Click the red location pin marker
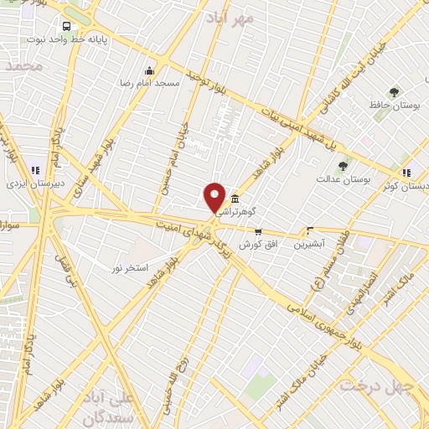pos(214,197)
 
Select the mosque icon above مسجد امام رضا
pos(150,71)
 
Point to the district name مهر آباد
pos(256,17)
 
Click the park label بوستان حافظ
pos(393,106)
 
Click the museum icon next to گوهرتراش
pos(235,199)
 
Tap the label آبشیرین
pos(311,245)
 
